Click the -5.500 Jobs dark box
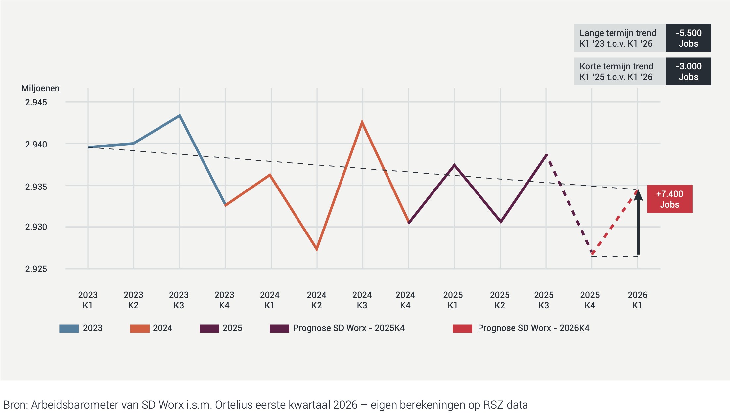(x=688, y=38)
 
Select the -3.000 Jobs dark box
(x=688, y=71)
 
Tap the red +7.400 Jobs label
(x=669, y=199)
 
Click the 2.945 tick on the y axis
(x=36, y=102)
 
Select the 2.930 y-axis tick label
(x=36, y=227)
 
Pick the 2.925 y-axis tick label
(x=36, y=269)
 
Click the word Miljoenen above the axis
(x=40, y=88)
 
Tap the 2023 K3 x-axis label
(x=179, y=300)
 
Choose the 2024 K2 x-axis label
(x=316, y=300)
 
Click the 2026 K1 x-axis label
(x=637, y=300)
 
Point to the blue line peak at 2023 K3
(x=179, y=116)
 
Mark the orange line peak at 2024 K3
(x=362, y=122)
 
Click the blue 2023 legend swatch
(x=69, y=328)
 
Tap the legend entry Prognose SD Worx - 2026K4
(x=533, y=328)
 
